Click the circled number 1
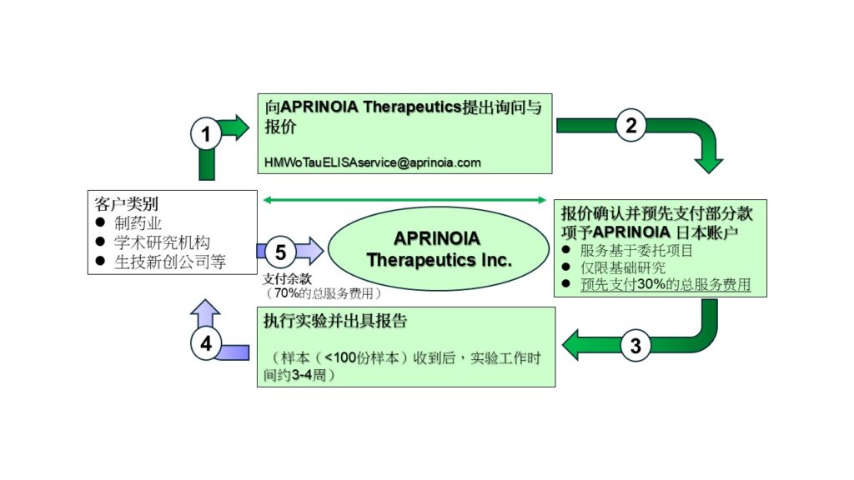[206, 133]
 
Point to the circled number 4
[206, 342]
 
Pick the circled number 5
[280, 251]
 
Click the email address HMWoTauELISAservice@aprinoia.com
[373, 162]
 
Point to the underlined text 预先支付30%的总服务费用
[665, 285]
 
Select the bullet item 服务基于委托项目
[636, 250]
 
